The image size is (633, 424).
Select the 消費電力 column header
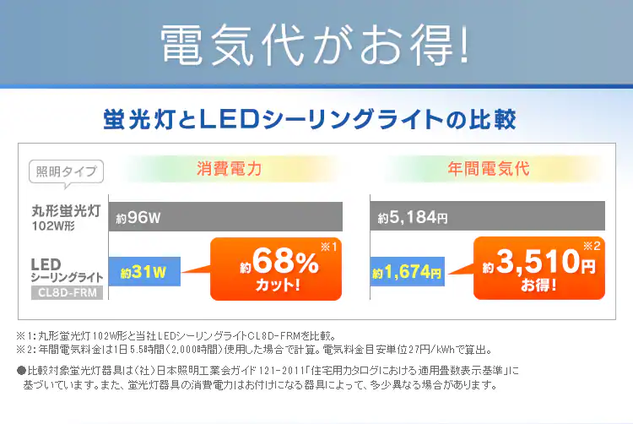(229, 167)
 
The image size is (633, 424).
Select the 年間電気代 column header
(489, 167)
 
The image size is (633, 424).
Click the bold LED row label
(44, 264)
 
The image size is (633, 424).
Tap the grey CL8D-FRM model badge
(67, 293)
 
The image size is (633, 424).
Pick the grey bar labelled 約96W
(225, 217)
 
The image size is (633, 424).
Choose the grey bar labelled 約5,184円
(488, 217)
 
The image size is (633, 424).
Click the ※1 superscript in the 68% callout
(328, 247)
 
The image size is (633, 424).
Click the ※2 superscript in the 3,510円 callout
(591, 247)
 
